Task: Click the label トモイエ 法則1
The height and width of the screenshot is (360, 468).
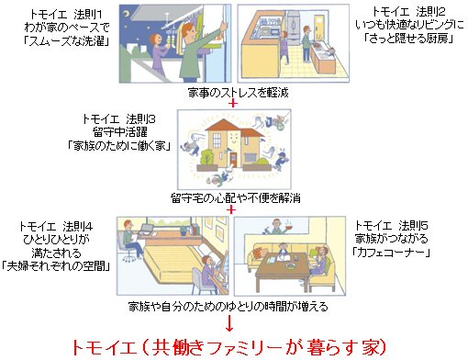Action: pos(66,15)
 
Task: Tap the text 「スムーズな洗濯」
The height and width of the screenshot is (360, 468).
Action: pos(66,40)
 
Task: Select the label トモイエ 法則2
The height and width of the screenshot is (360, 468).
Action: pos(408,12)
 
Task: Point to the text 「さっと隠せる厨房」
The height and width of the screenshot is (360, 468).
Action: pos(408,39)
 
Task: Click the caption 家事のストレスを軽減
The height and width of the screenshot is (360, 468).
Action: pos(238,92)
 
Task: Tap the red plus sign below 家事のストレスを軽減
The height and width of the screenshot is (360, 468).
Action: pos(233,104)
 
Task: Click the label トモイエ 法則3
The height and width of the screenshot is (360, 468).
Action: pos(119,118)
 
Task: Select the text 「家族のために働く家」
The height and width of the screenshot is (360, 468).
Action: pos(119,145)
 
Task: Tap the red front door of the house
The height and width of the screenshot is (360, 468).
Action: pos(233,160)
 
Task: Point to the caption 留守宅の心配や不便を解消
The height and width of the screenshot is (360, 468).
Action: pos(236,198)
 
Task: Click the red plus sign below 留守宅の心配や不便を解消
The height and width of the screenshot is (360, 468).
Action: pos(232,209)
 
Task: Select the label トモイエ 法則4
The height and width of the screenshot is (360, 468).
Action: pos(56,227)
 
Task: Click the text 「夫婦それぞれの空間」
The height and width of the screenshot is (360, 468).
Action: pos(56,266)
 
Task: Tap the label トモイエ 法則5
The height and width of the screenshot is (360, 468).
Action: pos(391,226)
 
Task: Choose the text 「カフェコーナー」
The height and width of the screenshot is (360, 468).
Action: pos(391,253)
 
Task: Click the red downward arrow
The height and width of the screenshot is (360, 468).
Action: pos(229,324)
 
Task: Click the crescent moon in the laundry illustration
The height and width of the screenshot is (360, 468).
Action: pos(127,13)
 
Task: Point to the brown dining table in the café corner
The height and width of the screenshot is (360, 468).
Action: pos(283,269)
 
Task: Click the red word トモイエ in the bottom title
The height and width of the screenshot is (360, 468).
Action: pos(105,347)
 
